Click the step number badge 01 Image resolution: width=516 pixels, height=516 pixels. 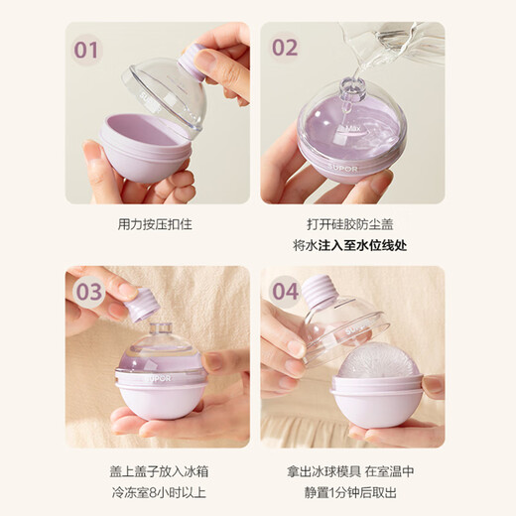tap(88, 48)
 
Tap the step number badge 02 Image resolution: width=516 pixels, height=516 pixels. tap(284, 48)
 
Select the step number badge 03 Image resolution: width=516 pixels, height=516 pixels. tap(89, 292)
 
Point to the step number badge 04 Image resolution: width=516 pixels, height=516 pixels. tap(286, 292)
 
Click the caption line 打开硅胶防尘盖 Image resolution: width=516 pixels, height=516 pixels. tap(352, 223)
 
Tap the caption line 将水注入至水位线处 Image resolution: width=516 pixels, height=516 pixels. tap(352, 245)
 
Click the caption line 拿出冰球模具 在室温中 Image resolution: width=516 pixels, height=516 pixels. tap(352, 467)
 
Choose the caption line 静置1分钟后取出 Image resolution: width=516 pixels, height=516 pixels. tap(352, 489)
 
